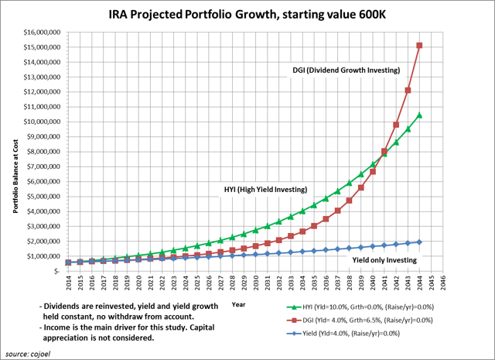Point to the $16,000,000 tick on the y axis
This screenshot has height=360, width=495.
click(42, 32)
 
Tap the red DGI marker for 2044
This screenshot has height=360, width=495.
click(419, 46)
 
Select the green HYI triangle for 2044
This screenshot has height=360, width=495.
click(419, 115)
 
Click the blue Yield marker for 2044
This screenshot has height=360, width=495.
click(419, 242)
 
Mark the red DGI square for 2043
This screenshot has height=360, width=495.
click(408, 91)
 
